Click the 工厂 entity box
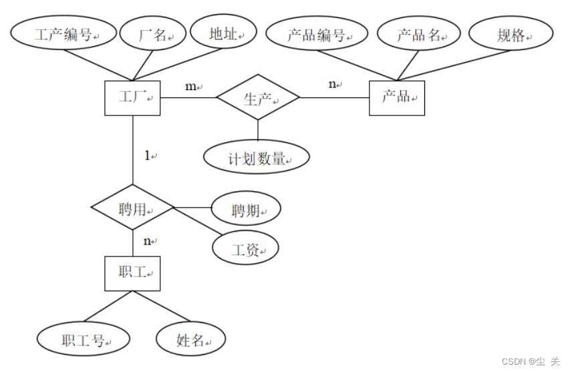[x=132, y=98]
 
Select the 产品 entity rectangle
[x=396, y=98]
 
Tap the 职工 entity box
[x=132, y=274]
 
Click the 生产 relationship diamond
[x=258, y=98]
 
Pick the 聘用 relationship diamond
[x=132, y=209]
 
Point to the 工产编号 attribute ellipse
[x=63, y=35]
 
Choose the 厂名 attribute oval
[x=153, y=35]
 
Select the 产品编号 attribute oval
[x=317, y=35]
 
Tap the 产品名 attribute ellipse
[x=419, y=35]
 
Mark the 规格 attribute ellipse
[x=511, y=35]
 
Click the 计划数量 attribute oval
[x=257, y=158]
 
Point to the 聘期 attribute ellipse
[x=245, y=210]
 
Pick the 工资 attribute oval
[x=245, y=250]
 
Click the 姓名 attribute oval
[x=190, y=339]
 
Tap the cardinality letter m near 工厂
[x=190, y=87]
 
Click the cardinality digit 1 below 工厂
[x=148, y=156]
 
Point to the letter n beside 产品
[x=332, y=84]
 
